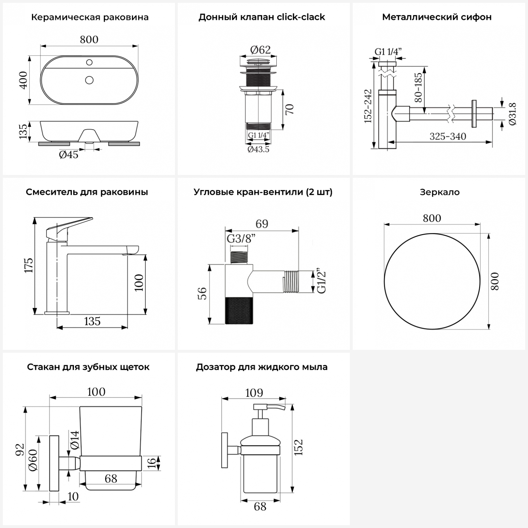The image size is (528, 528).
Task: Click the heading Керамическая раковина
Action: click(90, 17)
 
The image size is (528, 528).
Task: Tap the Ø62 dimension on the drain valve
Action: click(260, 50)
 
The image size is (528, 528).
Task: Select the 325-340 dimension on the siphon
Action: click(448, 136)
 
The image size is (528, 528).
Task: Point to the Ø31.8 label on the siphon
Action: click(513, 114)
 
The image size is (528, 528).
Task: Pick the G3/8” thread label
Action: click(241, 239)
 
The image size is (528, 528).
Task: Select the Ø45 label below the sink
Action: click(69, 155)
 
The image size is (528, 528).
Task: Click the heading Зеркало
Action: click(440, 192)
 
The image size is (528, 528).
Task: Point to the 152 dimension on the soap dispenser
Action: click(298, 447)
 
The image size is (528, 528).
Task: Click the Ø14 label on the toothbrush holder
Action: click(75, 440)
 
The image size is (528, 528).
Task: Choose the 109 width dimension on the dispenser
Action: click(254, 393)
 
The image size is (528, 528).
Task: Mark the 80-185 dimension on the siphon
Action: click(418, 87)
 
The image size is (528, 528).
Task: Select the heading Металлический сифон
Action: click(437, 17)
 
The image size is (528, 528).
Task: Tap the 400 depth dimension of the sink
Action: click(23, 80)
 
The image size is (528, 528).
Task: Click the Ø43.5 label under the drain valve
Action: click(258, 149)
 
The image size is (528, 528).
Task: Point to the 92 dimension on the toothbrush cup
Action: click(20, 450)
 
